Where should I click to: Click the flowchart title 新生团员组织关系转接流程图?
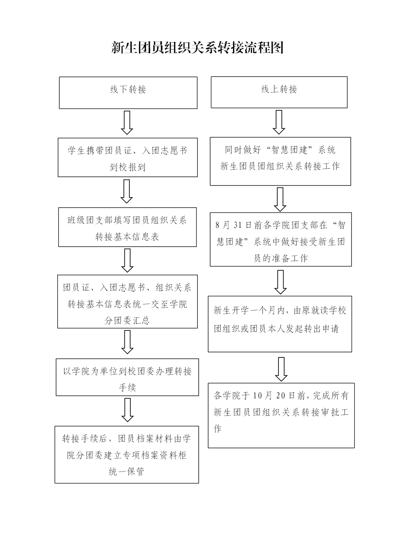click(x=197, y=48)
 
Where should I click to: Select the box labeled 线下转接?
click(x=128, y=92)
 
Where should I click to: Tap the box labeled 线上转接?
click(x=279, y=92)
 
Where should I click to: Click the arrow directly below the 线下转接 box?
click(x=127, y=123)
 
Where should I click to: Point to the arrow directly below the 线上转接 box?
click(x=279, y=122)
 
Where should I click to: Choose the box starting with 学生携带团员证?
click(x=128, y=157)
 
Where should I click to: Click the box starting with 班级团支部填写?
click(x=127, y=227)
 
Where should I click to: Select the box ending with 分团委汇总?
click(x=127, y=301)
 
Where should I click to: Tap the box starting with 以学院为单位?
click(x=127, y=377)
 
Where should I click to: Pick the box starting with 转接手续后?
click(x=126, y=454)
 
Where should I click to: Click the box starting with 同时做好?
click(x=280, y=161)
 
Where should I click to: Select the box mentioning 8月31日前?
click(x=280, y=239)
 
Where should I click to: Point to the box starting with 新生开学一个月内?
click(x=280, y=324)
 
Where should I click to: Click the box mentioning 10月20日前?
click(x=281, y=415)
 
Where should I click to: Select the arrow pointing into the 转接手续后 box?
click(x=127, y=410)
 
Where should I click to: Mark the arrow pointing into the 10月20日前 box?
click(x=281, y=369)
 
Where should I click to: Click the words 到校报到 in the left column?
click(x=127, y=167)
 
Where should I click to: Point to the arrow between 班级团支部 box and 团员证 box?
click(x=127, y=260)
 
